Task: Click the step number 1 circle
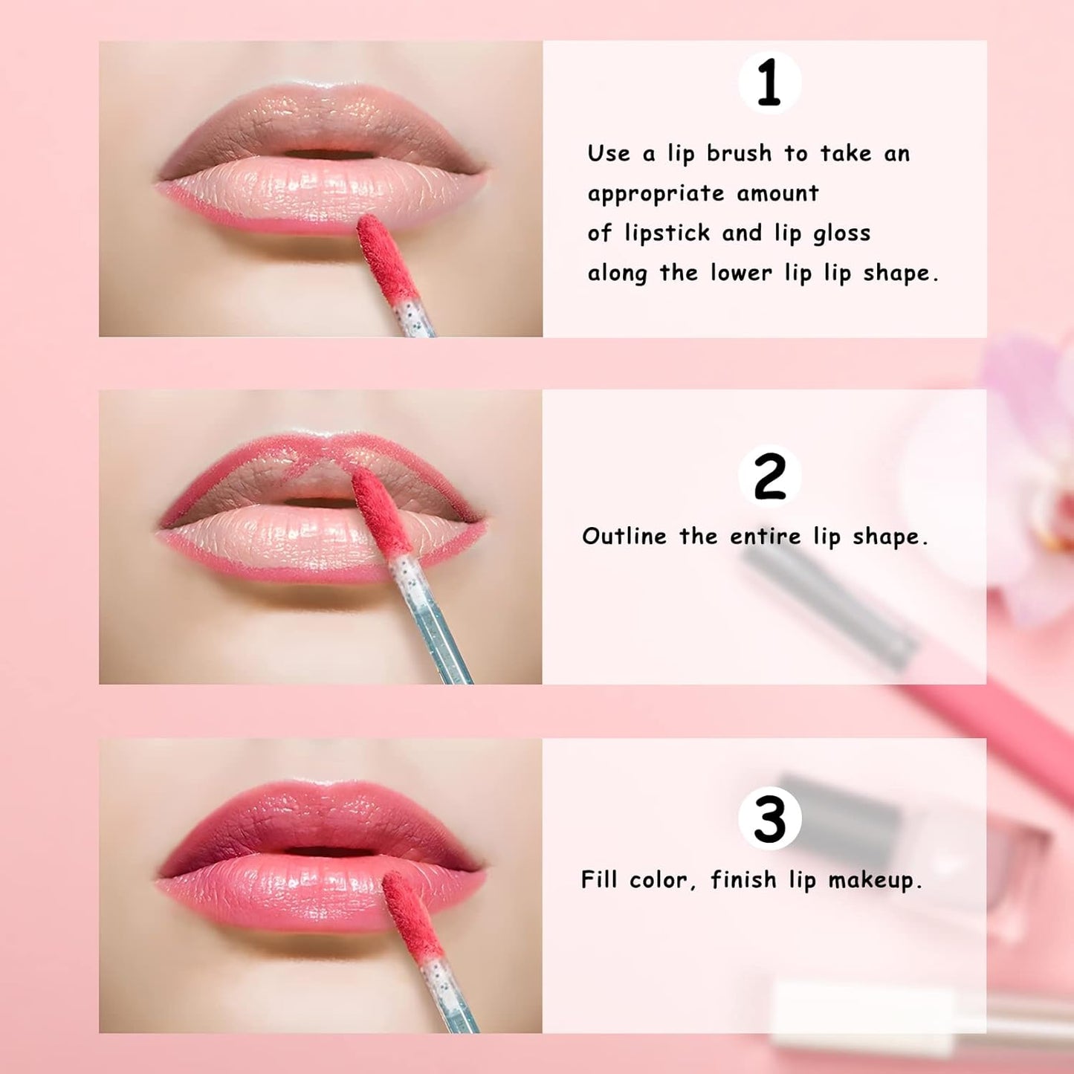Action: tap(769, 83)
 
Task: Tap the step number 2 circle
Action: tap(769, 476)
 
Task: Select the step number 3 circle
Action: tap(769, 818)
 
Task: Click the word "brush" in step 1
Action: tap(739, 153)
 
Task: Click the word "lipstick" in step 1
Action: tap(667, 233)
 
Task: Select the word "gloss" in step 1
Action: tap(841, 234)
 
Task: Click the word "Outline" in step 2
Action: tap(624, 536)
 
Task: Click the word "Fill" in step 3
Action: tap(598, 879)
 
